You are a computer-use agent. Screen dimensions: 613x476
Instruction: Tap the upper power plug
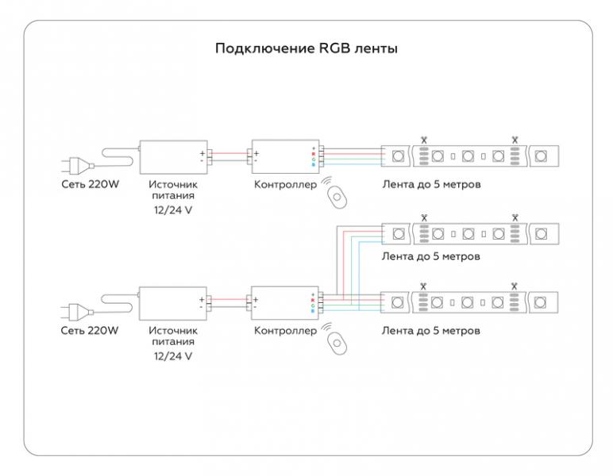pyautogui.click(x=77, y=165)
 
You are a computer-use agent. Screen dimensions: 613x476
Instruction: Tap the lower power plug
pyautogui.click(x=77, y=312)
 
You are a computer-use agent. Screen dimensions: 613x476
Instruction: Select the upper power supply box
pyautogui.click(x=174, y=157)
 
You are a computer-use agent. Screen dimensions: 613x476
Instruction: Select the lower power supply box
pyautogui.click(x=173, y=303)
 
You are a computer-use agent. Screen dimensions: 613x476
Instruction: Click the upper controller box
pyautogui.click(x=285, y=156)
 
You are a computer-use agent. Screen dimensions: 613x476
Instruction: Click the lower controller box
pyautogui.click(x=284, y=303)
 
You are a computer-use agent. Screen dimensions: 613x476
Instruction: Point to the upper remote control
pyautogui.click(x=337, y=198)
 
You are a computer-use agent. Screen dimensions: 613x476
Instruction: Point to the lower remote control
pyautogui.click(x=337, y=344)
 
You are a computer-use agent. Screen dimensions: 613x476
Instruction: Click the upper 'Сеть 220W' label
pyautogui.click(x=90, y=184)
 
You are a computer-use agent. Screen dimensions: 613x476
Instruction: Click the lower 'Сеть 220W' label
pyautogui.click(x=90, y=331)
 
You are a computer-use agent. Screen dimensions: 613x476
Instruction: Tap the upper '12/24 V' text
pyautogui.click(x=173, y=210)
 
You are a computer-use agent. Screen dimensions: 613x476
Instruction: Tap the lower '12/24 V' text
pyautogui.click(x=173, y=356)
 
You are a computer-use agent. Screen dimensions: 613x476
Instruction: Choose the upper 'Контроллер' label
pyautogui.click(x=285, y=184)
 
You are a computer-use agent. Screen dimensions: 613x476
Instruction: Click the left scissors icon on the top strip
pyautogui.click(x=424, y=140)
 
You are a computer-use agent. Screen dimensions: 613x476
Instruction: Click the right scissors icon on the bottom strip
pyautogui.click(x=514, y=286)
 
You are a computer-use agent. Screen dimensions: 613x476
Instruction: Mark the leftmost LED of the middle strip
pyautogui.click(x=399, y=234)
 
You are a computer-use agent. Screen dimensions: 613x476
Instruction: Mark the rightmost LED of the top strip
pyautogui.click(x=541, y=156)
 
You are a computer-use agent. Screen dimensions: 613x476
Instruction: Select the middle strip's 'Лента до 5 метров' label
pyautogui.click(x=431, y=256)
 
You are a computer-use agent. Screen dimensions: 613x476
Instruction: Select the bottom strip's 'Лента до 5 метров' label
pyautogui.click(x=431, y=331)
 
